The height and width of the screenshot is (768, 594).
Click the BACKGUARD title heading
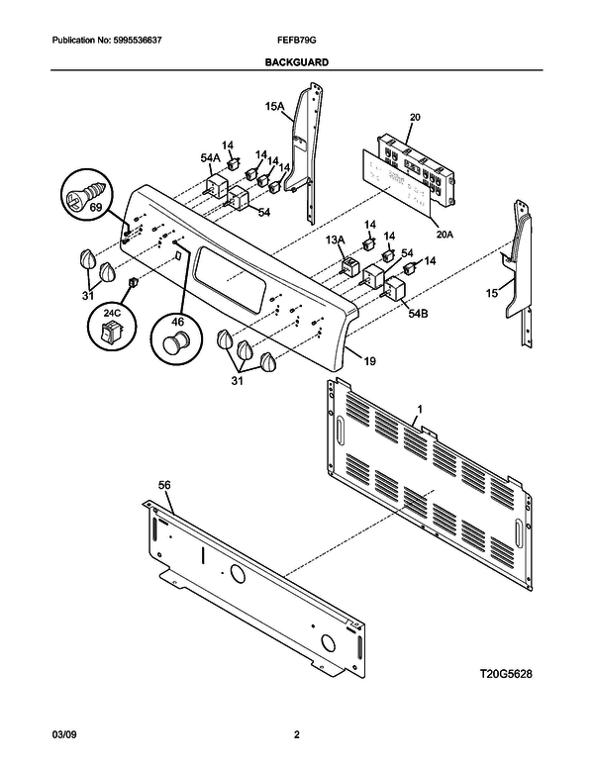[296, 60]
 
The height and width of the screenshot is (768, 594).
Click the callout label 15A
[273, 106]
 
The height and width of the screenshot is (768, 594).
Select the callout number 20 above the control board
[415, 117]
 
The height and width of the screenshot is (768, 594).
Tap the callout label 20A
[444, 235]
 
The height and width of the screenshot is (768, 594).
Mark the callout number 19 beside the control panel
[368, 362]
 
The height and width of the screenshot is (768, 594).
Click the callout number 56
[164, 485]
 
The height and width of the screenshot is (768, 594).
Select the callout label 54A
[210, 157]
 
